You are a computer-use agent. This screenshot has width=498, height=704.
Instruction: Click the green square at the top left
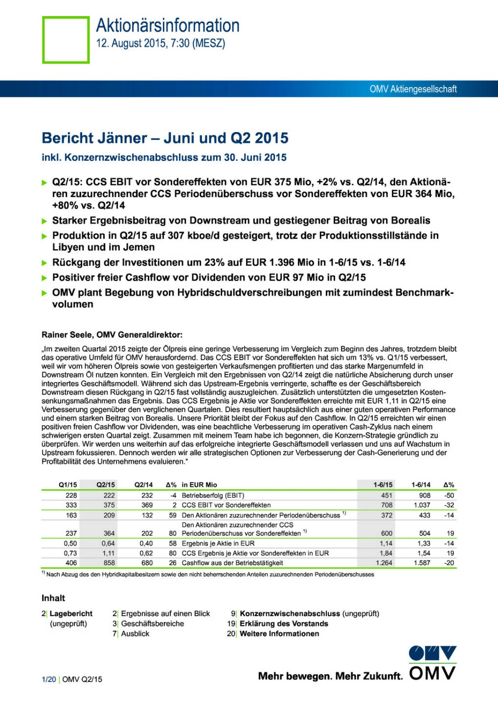coord(66,40)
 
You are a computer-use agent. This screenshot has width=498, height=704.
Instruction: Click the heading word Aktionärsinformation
coord(168,25)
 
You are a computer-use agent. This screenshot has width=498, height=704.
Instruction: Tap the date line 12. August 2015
coord(160,44)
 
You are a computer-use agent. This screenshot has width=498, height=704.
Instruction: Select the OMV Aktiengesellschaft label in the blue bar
coord(413,89)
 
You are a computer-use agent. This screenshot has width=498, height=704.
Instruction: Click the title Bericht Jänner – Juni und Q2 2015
coord(165,138)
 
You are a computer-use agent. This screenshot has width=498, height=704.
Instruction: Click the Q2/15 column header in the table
coord(106,484)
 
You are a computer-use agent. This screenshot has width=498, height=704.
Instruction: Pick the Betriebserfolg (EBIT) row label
coord(213,495)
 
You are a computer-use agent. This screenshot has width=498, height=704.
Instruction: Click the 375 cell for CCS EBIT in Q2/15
coord(109,505)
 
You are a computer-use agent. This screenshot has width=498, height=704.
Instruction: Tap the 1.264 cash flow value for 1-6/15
coord(384,563)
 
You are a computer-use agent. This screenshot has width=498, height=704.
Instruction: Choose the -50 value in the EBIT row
coord(449,495)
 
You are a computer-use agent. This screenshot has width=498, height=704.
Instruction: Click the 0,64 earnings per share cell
coord(108,543)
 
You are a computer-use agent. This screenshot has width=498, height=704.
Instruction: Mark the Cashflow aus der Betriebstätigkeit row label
coord(232,563)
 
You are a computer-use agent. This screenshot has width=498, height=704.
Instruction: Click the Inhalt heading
coord(53,598)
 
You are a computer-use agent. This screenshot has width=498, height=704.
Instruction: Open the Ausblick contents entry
coord(135,634)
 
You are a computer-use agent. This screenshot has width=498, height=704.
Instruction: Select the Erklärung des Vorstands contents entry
coord(284,623)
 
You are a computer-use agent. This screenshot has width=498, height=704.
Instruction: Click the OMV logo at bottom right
coord(432,663)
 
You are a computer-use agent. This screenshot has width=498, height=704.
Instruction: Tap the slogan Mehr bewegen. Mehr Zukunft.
coord(330,676)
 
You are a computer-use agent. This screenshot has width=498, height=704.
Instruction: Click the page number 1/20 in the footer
coord(49,679)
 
